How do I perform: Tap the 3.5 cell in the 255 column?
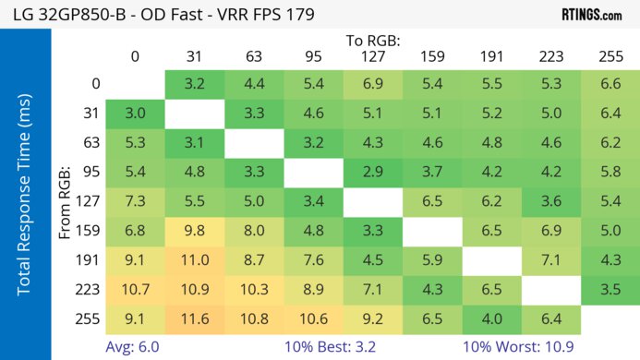(x=610, y=288)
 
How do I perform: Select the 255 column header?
(x=610, y=55)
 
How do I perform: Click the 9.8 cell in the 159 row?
(x=194, y=230)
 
